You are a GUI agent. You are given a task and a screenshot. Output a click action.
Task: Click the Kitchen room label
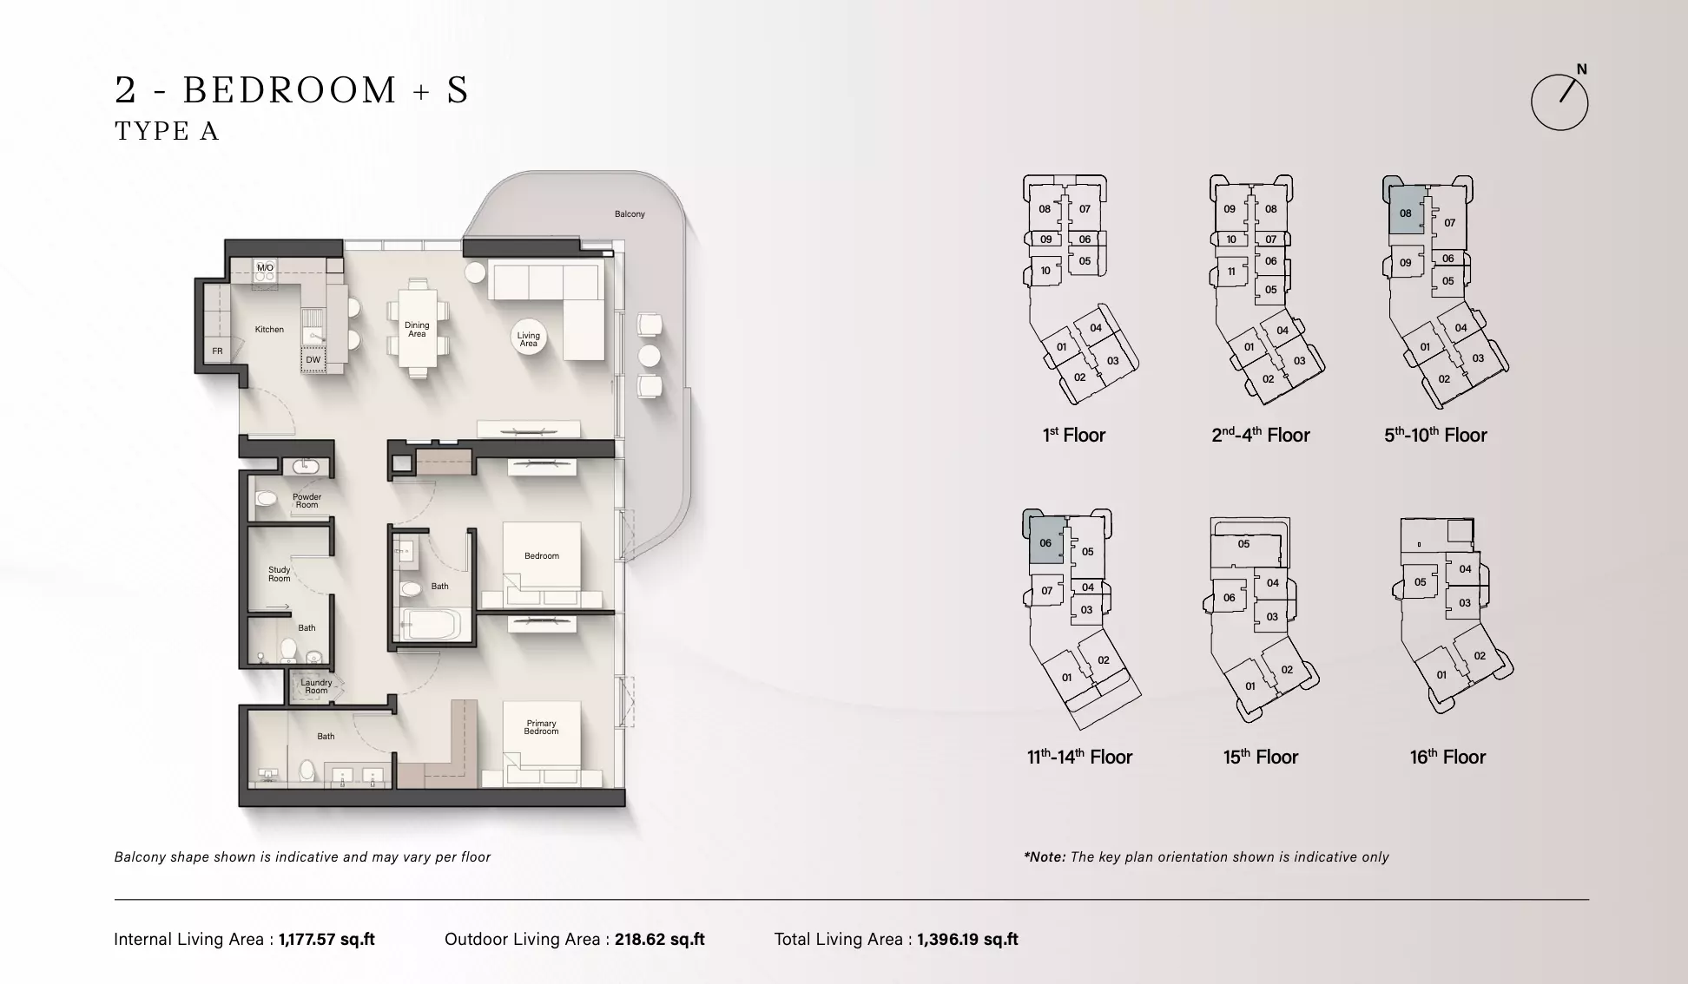269,330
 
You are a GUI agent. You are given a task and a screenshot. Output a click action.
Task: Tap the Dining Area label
417,330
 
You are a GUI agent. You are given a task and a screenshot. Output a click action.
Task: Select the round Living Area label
528,339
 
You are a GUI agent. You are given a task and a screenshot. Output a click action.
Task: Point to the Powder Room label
307,501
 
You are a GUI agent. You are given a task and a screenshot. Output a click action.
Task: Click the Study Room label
280,574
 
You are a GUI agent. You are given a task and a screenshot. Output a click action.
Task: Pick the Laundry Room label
316,686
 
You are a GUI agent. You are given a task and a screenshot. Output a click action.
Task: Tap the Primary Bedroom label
541,727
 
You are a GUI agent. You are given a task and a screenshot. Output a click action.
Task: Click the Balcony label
630,214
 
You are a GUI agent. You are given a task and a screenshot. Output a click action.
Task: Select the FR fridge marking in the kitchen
217,351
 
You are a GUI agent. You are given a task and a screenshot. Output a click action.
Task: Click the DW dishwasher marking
313,360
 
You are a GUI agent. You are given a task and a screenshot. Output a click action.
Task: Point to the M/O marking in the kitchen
265,268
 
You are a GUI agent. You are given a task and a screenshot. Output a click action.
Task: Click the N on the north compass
1581,69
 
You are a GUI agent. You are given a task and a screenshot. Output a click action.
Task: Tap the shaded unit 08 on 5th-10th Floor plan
1406,211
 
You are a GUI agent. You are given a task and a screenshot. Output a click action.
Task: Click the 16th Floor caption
1447,757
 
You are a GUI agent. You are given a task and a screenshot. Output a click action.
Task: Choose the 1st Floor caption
1073,435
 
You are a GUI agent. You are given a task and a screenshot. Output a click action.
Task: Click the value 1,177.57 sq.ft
326,939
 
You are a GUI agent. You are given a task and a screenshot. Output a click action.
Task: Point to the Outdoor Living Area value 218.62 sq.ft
660,939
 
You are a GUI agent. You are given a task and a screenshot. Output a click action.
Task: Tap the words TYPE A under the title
167,131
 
